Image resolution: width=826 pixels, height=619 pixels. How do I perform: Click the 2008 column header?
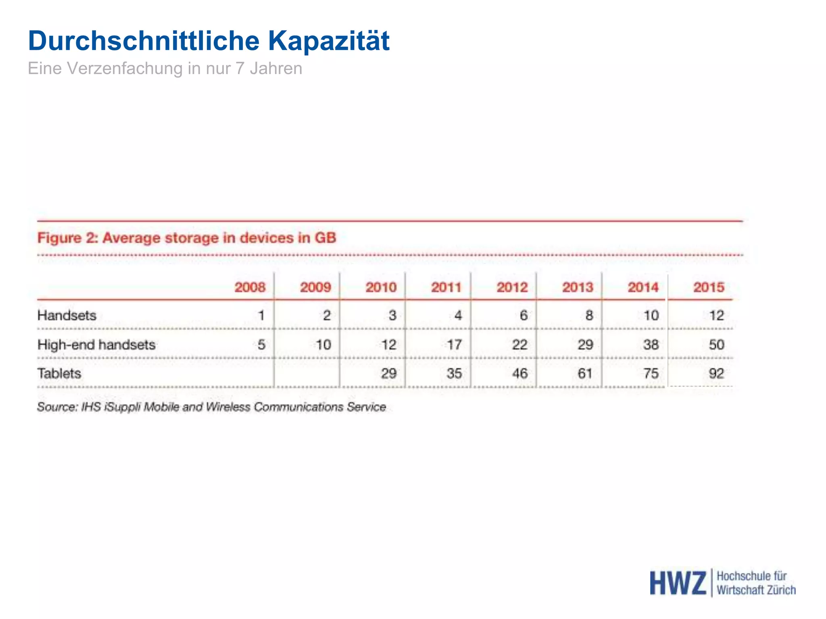[x=250, y=287]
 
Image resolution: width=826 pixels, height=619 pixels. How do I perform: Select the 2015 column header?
[x=709, y=287]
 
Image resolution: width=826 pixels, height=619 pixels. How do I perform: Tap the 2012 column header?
[x=512, y=287]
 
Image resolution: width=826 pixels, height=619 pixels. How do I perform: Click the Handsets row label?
[x=67, y=315]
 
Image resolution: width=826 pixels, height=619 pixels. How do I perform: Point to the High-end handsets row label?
[x=96, y=345]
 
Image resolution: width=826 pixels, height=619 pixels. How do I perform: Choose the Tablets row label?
[x=59, y=374]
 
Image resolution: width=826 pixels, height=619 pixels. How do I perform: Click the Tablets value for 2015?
[x=716, y=374]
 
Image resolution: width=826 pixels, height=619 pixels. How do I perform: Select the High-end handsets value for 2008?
[x=261, y=345]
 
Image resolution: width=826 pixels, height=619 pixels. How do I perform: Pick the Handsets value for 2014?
[x=651, y=315]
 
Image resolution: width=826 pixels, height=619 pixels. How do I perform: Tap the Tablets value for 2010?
[x=388, y=374]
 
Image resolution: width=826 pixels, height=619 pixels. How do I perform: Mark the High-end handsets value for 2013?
[x=585, y=345]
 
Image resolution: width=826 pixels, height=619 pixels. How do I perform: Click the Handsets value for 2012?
[x=524, y=315]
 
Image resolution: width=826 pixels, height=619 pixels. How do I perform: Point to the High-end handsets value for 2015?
[x=716, y=345]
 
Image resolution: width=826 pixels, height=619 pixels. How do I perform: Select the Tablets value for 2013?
[x=585, y=374]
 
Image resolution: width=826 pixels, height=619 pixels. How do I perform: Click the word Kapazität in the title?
[x=329, y=41]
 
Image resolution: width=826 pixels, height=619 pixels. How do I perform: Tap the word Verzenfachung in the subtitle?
[x=125, y=69]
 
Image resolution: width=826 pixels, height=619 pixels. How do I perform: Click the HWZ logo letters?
[x=678, y=583]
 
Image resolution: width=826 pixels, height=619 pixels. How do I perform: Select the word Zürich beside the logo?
[x=781, y=590]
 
